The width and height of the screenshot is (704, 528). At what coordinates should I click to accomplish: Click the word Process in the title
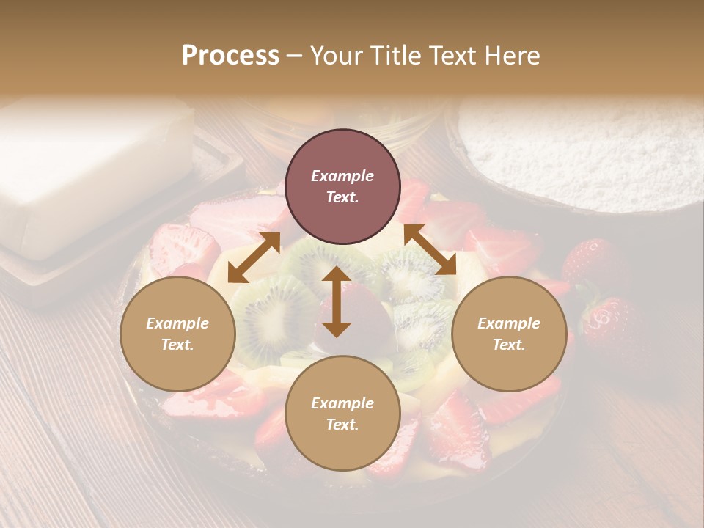pos(230,56)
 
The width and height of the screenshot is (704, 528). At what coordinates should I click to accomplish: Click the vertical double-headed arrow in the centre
pos(337,301)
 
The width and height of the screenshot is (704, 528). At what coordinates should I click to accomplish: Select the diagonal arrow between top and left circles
pos(254,257)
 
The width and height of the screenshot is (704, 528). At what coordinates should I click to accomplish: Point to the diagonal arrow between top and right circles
pos(430,250)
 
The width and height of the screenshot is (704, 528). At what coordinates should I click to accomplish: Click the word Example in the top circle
pos(342,176)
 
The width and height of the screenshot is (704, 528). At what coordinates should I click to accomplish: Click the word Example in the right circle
pos(509,323)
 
